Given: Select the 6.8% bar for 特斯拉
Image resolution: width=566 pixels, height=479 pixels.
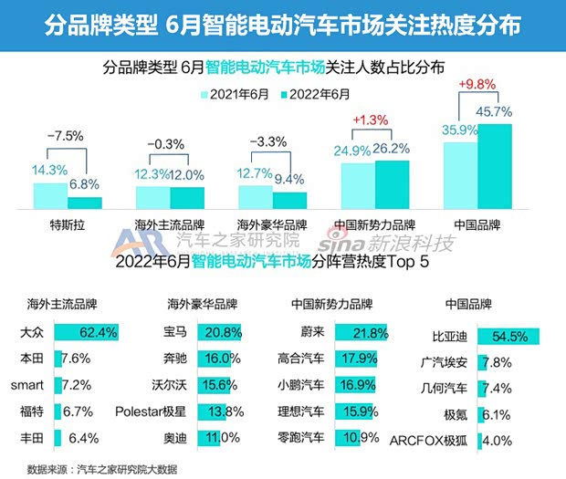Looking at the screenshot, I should click(x=85, y=203).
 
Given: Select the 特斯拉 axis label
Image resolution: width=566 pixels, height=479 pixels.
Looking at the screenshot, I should click(x=68, y=223).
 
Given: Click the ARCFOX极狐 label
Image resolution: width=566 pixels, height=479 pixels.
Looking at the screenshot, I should click(x=442, y=440).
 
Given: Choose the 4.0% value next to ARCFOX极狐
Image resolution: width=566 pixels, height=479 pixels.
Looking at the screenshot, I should click(x=497, y=440).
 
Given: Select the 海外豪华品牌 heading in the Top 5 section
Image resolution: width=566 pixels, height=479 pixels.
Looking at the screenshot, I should click(x=201, y=303).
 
